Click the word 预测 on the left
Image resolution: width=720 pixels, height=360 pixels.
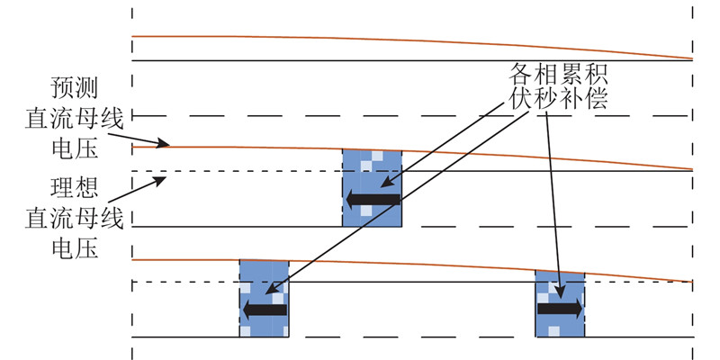coord(75,89)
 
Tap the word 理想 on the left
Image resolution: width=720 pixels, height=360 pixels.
coord(75,189)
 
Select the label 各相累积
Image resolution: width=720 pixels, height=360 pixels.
coord(558,73)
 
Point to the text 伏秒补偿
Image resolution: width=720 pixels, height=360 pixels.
coord(558,98)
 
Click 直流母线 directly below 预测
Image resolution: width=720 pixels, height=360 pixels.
coord(75,119)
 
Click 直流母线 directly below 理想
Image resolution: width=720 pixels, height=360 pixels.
coord(75,218)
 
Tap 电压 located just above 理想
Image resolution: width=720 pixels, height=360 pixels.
coord(75,148)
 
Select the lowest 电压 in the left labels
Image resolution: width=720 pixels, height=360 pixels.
coord(75,248)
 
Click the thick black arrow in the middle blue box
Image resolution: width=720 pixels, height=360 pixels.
coord(373,200)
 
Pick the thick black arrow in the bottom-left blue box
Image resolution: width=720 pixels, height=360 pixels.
coord(265,310)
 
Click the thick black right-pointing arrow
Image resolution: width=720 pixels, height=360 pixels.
coord(560,309)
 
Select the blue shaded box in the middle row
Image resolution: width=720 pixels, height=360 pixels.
coord(372,188)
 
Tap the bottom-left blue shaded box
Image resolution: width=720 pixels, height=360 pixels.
coord(264,299)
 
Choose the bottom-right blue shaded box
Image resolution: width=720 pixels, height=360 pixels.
coord(560,304)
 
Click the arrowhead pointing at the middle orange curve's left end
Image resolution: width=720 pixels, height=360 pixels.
coord(163,144)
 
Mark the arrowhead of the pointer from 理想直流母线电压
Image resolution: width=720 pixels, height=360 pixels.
coord(159,181)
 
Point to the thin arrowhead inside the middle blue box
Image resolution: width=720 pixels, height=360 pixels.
coord(388,183)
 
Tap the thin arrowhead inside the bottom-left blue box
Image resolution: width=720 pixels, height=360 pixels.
coord(272,289)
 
